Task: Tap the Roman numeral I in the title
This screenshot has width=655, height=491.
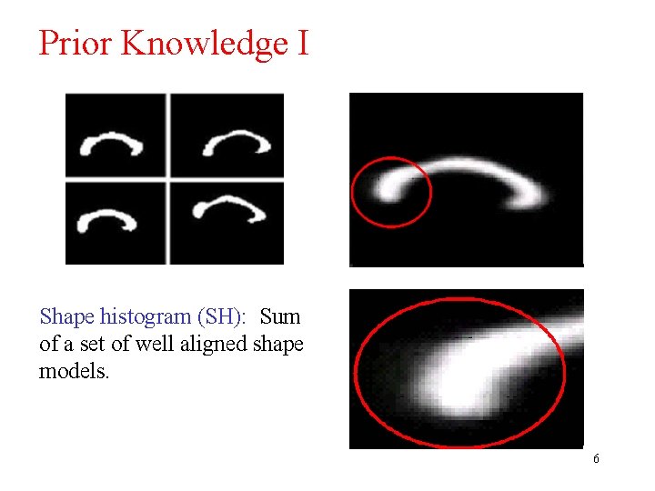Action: click(302, 43)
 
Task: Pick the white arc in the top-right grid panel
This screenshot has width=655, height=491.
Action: click(236, 141)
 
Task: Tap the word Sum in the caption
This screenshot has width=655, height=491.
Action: click(280, 317)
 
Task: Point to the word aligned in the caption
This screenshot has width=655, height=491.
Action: click(221, 345)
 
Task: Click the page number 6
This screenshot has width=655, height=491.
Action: click(596, 459)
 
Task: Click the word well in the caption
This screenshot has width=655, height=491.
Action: click(163, 345)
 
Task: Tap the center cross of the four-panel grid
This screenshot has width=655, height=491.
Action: click(169, 180)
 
